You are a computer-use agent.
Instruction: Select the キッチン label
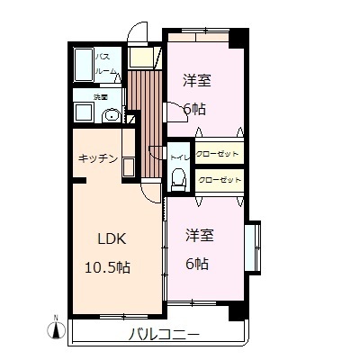pyautogui.click(x=98, y=158)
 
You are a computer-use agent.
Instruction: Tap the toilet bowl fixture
pyautogui.click(x=178, y=178)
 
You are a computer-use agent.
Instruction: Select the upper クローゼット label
pyautogui.click(x=219, y=154)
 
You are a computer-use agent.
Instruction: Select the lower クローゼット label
pyautogui.click(x=219, y=181)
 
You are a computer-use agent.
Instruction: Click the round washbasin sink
pyautogui.click(x=112, y=115)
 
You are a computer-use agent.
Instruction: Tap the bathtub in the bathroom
pyautogui.click(x=83, y=65)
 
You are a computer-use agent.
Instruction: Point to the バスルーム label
pyautogui.click(x=106, y=63)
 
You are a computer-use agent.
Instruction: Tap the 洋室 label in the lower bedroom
pyautogui.click(x=199, y=236)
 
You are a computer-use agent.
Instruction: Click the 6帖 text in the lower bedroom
pyautogui.click(x=198, y=264)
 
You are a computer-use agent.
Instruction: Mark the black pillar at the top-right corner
pyautogui.click(x=238, y=39)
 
